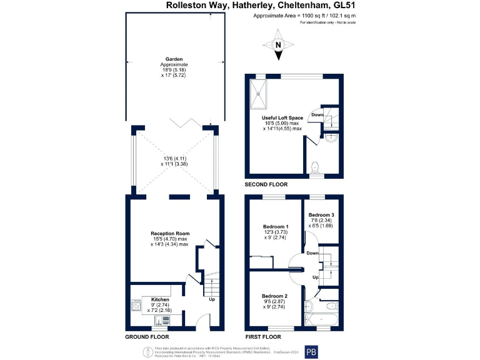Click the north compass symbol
click(279, 47)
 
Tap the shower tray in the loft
click(259, 92)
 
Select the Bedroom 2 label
click(274, 296)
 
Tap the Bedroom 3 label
click(321, 215)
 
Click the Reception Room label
click(170, 234)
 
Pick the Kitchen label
click(152, 299)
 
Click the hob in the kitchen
click(136, 306)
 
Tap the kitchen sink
click(162, 321)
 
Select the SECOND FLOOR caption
click(266, 185)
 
